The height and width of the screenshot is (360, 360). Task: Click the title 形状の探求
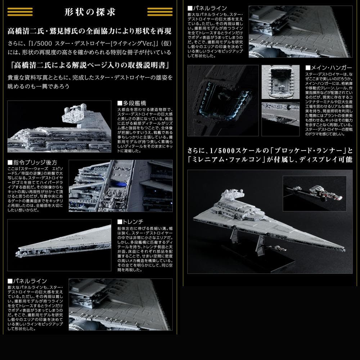[x=90, y=12]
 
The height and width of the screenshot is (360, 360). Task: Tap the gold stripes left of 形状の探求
[x=20, y=12]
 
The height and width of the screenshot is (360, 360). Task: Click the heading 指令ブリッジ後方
[x=32, y=163]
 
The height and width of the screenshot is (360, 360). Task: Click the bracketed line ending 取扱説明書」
[x=90, y=66]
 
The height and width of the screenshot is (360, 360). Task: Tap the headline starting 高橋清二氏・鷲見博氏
[x=90, y=31]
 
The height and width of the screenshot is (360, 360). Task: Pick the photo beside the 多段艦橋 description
[x=59, y=126]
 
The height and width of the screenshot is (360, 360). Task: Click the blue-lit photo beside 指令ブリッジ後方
[x=120, y=185]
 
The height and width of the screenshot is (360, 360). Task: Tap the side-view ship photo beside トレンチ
[x=59, y=245]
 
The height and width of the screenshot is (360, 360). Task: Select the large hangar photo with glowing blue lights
[x=223, y=100]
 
